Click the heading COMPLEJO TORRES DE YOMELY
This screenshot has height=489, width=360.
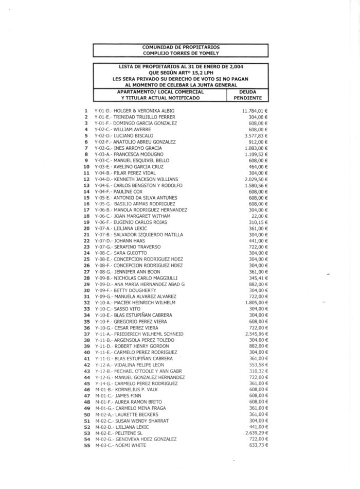[x=181, y=53]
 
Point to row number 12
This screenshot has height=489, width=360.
[x=86, y=179]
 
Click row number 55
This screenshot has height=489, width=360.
[x=86, y=445]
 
